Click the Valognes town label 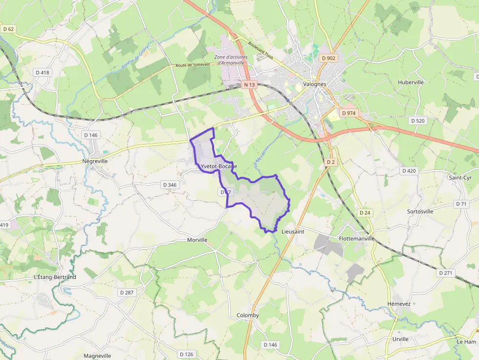pos(314,84)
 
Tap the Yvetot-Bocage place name pos(218,167)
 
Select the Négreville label pos(95,161)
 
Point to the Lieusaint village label pos(293,232)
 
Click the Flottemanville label pos(356,239)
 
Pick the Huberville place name pos(411,82)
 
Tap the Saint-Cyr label pos(460,178)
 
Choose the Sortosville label pos(420,212)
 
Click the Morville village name pos(197,240)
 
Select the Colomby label pos(248,316)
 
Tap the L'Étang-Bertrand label pos(55,277)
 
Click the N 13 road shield pos(249,85)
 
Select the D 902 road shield pos(329,58)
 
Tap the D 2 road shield pos(331,162)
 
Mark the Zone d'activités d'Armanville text pos(231,60)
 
